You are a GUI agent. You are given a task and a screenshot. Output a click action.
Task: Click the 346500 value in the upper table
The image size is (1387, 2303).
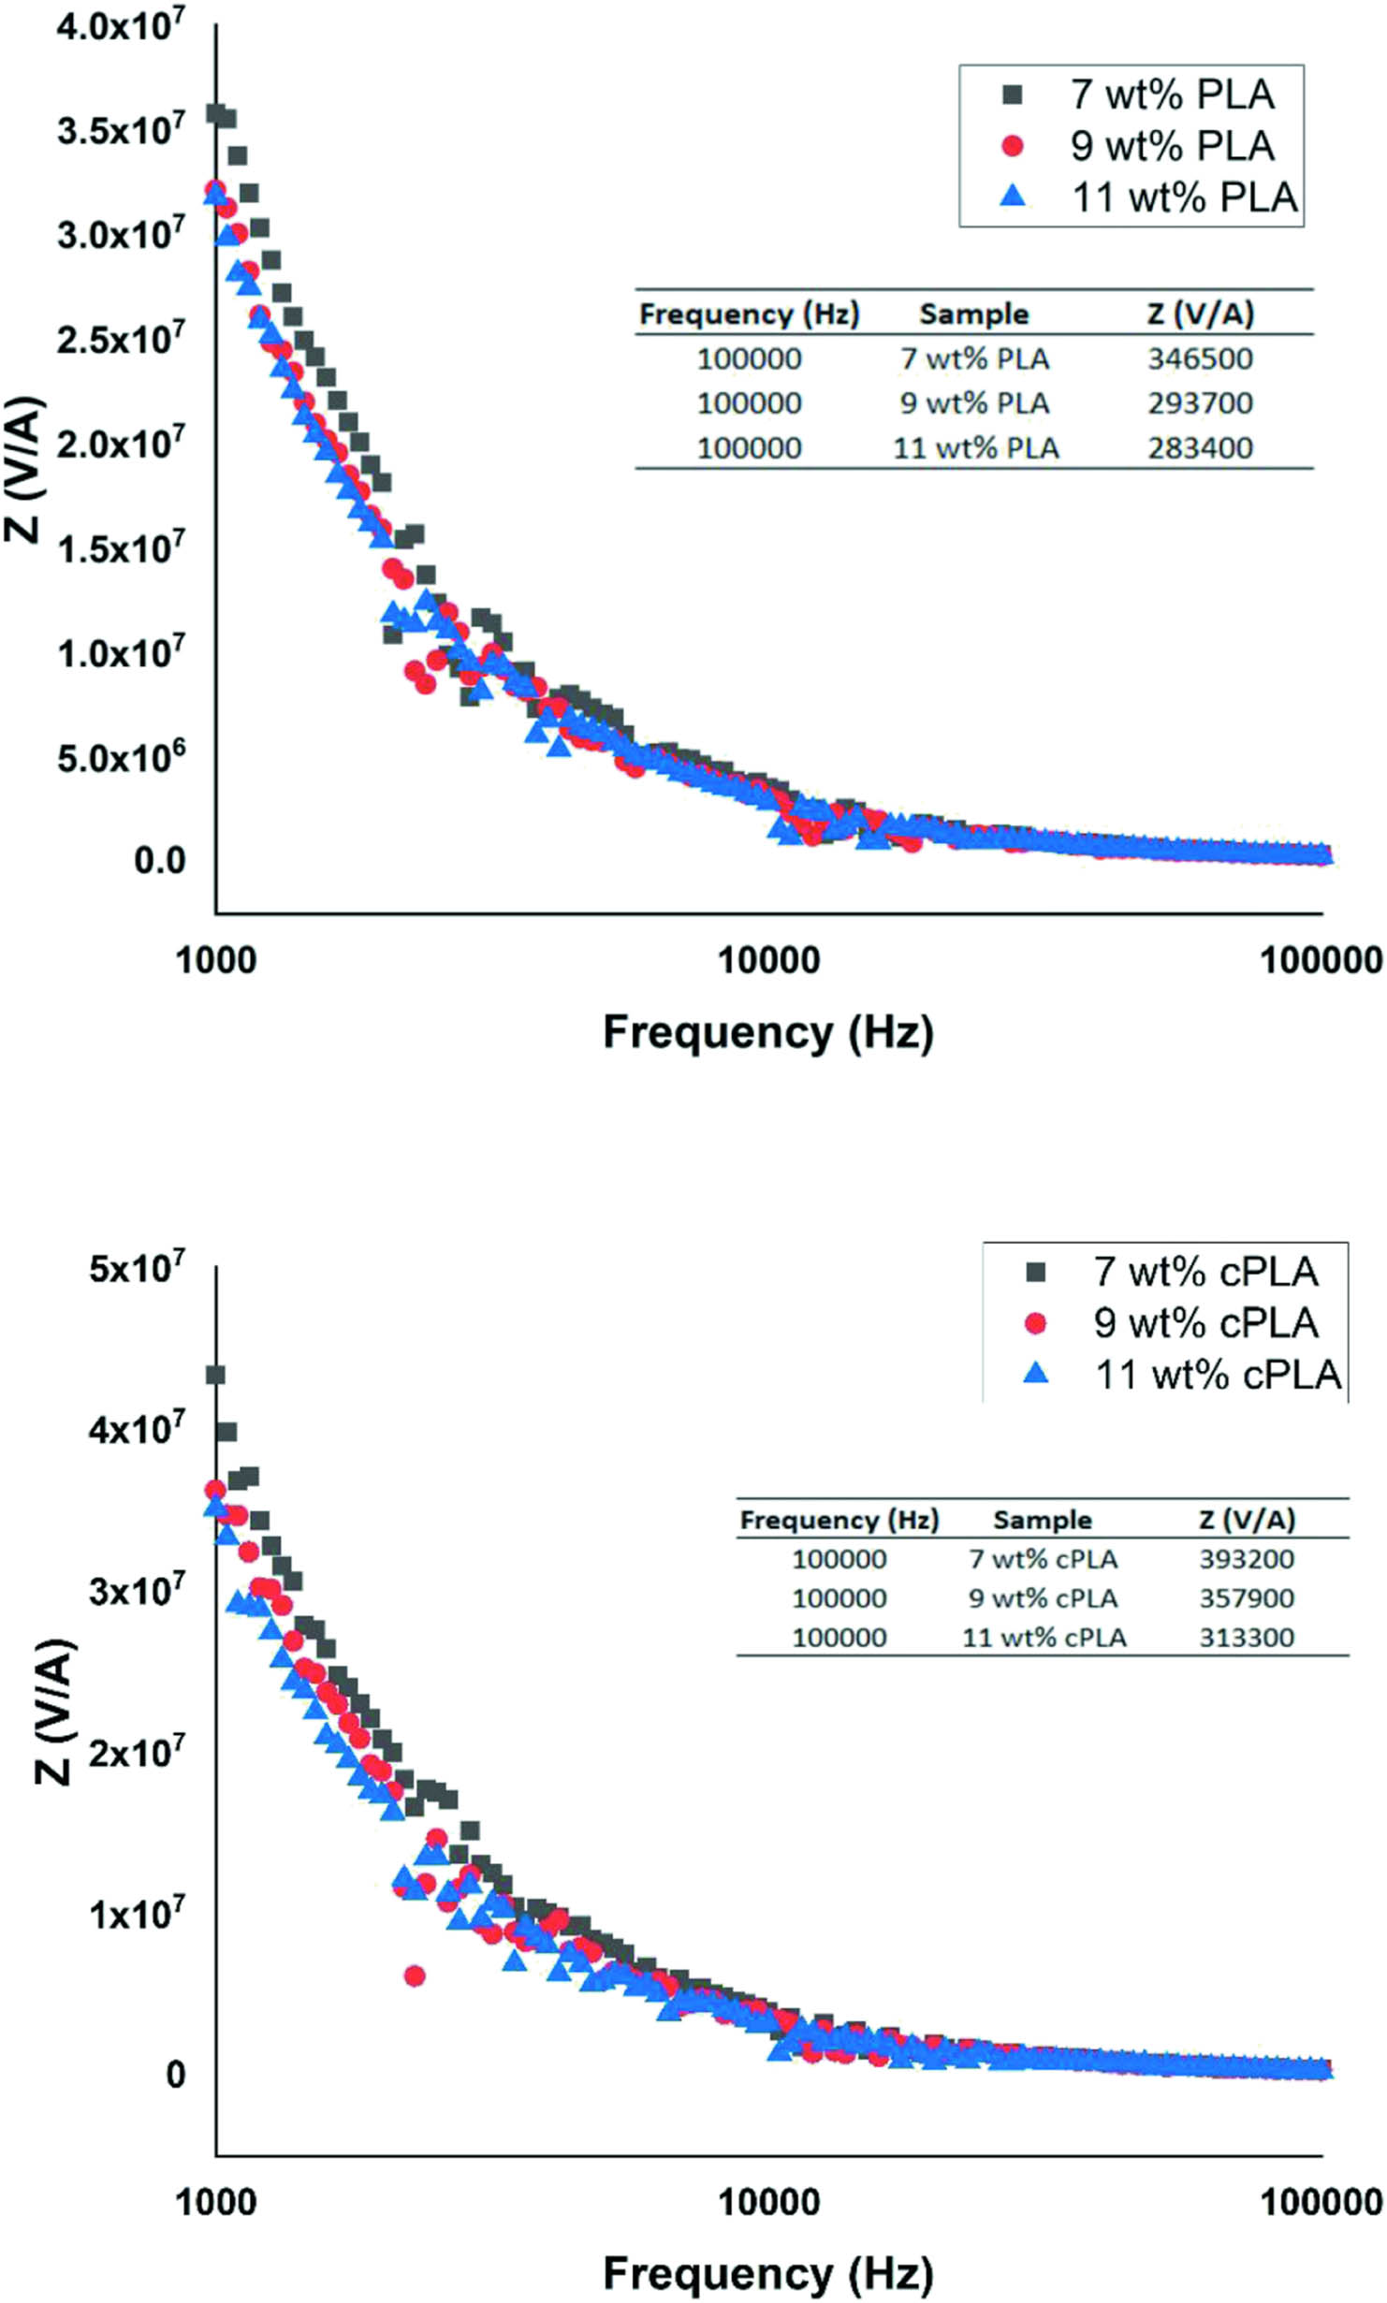[x=1200, y=358]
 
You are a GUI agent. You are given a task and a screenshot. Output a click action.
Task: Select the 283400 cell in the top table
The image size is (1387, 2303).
[x=1200, y=447]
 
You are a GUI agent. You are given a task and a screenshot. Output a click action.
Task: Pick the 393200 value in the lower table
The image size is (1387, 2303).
[x=1247, y=1559]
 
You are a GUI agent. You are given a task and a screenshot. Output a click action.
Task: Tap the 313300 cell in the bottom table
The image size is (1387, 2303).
[x=1247, y=1637]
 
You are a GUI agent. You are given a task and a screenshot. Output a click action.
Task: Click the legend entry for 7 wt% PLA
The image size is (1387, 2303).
[x=1171, y=95]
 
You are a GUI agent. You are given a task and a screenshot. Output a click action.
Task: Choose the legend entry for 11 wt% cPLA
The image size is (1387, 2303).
[x=1217, y=1375]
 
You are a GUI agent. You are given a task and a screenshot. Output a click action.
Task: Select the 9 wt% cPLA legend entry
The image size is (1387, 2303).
[x=1204, y=1322]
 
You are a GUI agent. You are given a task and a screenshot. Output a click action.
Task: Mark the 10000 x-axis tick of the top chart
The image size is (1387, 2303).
[x=768, y=960]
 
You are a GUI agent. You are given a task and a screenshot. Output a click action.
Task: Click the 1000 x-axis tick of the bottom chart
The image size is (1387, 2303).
[x=216, y=2202]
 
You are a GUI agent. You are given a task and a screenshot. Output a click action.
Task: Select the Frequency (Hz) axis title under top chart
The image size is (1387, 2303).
[x=767, y=1032]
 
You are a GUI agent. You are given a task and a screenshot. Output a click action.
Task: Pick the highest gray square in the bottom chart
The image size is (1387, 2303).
[x=216, y=1375]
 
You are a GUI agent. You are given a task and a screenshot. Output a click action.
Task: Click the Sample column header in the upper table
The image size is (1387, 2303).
[x=973, y=314]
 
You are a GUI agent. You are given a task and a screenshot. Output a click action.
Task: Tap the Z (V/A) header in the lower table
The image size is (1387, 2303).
[x=1247, y=1520]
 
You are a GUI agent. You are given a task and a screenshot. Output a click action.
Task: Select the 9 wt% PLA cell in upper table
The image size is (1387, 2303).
[x=973, y=403]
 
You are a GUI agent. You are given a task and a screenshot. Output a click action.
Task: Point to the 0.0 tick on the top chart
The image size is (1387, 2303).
[x=159, y=860]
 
